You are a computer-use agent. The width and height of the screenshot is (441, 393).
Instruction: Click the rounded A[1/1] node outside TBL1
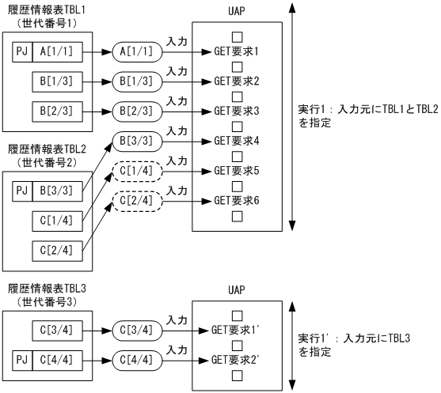coord(136,51)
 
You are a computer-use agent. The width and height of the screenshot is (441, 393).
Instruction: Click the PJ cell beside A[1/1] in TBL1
coord(24,51)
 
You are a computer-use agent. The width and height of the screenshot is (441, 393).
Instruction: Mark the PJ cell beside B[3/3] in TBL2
coord(24,190)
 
